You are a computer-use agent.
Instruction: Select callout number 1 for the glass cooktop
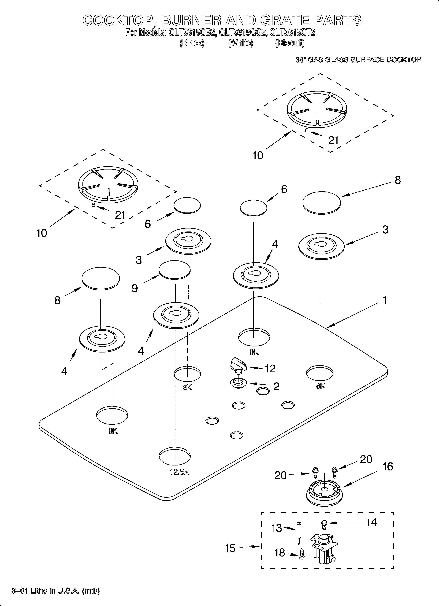coord(384,300)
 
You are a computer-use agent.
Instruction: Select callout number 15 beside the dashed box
coord(230,548)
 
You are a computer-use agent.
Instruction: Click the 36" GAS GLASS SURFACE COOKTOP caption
coord(358,60)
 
